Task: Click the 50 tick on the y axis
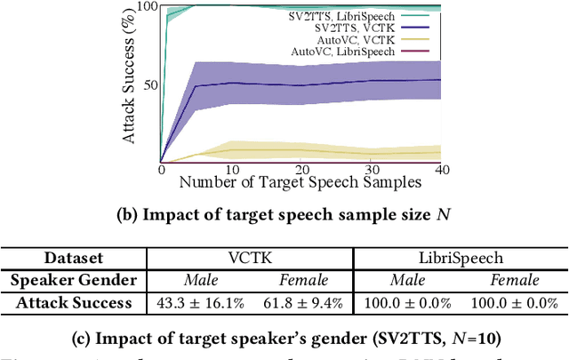[x=150, y=85]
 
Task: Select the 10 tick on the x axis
[x=231, y=170]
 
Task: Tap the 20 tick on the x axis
[x=302, y=170]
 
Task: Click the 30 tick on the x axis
[x=373, y=170]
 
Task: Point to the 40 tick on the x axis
[x=443, y=170]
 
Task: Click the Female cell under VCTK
[x=303, y=281]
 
